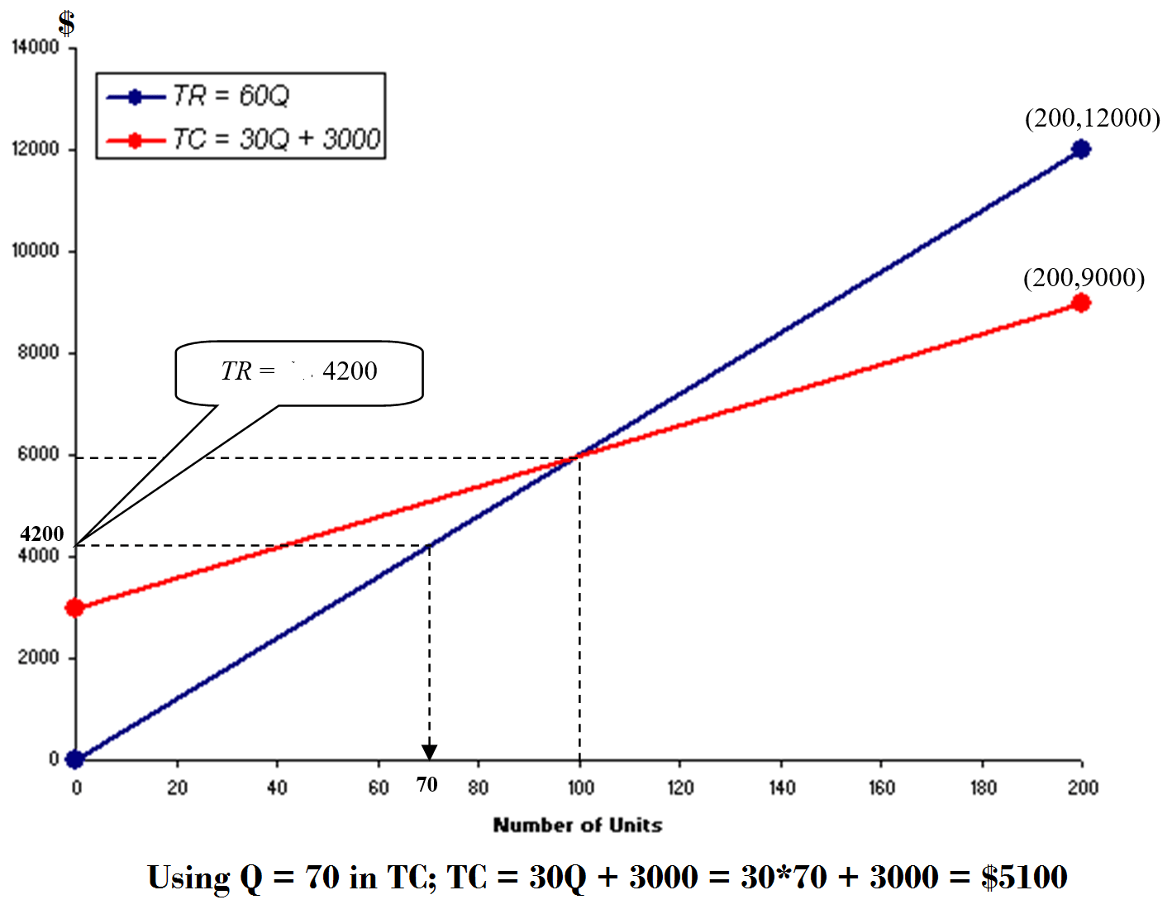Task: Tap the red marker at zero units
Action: point(75,608)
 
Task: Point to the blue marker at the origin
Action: point(75,759)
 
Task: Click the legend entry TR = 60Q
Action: point(231,96)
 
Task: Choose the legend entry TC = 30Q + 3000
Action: point(276,139)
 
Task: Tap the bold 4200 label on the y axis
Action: point(41,534)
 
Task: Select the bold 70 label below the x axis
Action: point(426,784)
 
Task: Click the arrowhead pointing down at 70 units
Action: point(429,751)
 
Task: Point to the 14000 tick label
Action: point(36,47)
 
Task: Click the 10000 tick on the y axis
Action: point(36,251)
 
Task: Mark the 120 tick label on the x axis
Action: point(680,787)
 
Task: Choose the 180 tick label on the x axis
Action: point(983,787)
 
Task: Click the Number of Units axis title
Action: point(578,825)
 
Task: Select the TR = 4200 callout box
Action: point(299,372)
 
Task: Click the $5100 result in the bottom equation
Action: point(1024,877)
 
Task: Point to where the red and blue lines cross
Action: point(579,455)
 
